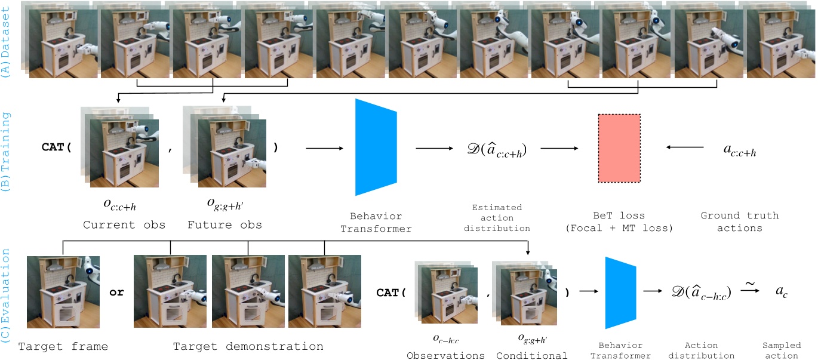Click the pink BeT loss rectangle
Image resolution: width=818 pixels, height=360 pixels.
[x=619, y=149]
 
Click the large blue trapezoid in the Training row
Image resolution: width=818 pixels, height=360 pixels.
[x=376, y=147]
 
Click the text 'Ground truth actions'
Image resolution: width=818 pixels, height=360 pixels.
[x=740, y=221]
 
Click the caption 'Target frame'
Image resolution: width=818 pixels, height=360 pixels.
[x=63, y=346]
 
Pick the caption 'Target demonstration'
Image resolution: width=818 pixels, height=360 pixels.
[x=248, y=346]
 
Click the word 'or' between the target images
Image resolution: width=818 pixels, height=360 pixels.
[x=116, y=293]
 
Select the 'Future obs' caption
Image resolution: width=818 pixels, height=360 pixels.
[x=225, y=225]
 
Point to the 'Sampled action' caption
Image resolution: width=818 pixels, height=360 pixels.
[x=780, y=350]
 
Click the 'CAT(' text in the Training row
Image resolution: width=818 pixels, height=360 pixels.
[x=56, y=147]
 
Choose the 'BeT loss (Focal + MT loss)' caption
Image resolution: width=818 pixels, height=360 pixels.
[x=619, y=221]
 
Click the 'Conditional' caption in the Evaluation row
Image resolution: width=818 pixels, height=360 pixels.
[x=532, y=356]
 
